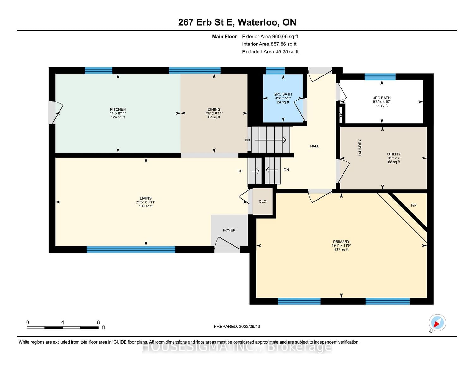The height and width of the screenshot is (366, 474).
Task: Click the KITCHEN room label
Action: (118, 109)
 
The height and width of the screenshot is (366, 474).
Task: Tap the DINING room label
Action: (214, 109)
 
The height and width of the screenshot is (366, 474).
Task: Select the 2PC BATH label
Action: (283, 94)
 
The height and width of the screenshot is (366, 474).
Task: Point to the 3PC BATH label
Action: (381, 98)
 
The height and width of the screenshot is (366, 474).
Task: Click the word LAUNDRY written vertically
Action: (360, 147)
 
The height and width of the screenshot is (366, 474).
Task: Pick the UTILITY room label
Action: (394, 154)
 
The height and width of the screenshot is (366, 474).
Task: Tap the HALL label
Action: (314, 146)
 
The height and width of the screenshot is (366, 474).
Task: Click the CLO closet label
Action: (262, 201)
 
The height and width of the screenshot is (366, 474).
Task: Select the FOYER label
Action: (229, 230)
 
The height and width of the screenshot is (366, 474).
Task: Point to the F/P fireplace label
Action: (414, 205)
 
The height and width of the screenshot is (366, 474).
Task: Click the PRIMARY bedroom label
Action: (341, 242)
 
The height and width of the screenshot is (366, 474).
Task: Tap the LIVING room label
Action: (145, 198)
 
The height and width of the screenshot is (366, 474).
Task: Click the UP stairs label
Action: (240, 171)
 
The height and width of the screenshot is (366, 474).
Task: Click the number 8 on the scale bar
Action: (98, 322)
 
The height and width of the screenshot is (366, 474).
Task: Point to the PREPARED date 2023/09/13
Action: (249, 327)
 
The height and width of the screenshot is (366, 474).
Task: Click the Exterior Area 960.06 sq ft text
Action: (270, 37)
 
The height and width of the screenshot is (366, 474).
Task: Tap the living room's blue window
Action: (131, 249)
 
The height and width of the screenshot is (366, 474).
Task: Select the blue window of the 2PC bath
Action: (275, 71)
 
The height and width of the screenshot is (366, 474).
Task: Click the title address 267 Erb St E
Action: (206, 22)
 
